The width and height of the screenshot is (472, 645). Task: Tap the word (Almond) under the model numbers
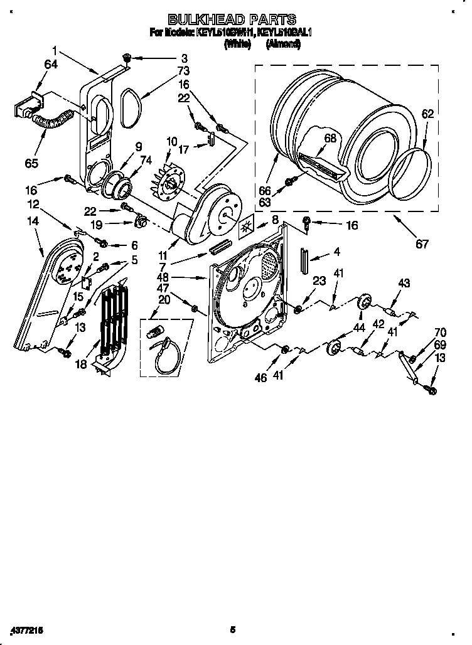[x=283, y=44]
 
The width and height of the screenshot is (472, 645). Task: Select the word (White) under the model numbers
[x=237, y=44]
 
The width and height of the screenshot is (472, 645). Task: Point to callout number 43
[x=404, y=284]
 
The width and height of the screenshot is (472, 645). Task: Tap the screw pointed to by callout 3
[x=126, y=58]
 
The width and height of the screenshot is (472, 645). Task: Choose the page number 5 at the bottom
[x=232, y=629]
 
